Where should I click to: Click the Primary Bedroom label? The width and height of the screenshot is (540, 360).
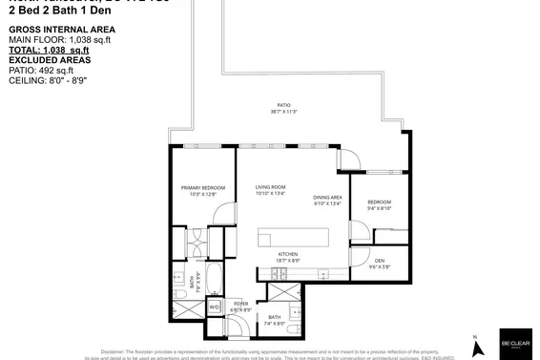click(207, 187)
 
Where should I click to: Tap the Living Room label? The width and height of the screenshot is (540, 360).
click(270, 186)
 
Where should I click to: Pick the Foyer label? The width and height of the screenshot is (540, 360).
click(240, 304)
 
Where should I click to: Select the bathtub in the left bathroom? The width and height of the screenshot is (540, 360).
click(214, 281)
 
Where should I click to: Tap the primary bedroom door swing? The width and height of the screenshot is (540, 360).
click(220, 213)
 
